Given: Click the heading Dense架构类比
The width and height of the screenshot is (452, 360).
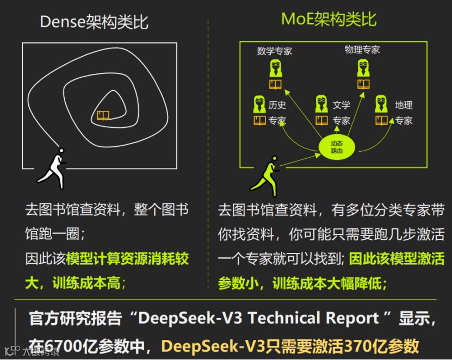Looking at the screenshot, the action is [94, 22].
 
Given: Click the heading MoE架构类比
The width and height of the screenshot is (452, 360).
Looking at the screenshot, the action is [329, 20].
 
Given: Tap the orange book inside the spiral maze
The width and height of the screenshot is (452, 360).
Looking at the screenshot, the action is [103, 115].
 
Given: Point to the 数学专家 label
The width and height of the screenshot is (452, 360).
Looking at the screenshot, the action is [275, 51].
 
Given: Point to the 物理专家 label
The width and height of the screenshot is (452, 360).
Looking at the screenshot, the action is [362, 50].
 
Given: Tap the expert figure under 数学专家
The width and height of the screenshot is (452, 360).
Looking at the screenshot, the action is [276, 69].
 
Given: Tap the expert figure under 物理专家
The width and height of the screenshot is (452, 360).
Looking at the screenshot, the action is [363, 69].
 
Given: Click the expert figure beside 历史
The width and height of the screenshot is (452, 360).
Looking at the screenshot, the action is [259, 104].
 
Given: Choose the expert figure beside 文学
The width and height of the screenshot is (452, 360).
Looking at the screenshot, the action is [322, 104].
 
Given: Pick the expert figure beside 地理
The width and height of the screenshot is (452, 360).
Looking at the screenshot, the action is [382, 104].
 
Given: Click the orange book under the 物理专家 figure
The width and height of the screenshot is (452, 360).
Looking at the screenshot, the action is [363, 84].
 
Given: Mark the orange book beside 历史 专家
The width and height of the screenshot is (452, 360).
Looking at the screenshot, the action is [259, 121].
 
